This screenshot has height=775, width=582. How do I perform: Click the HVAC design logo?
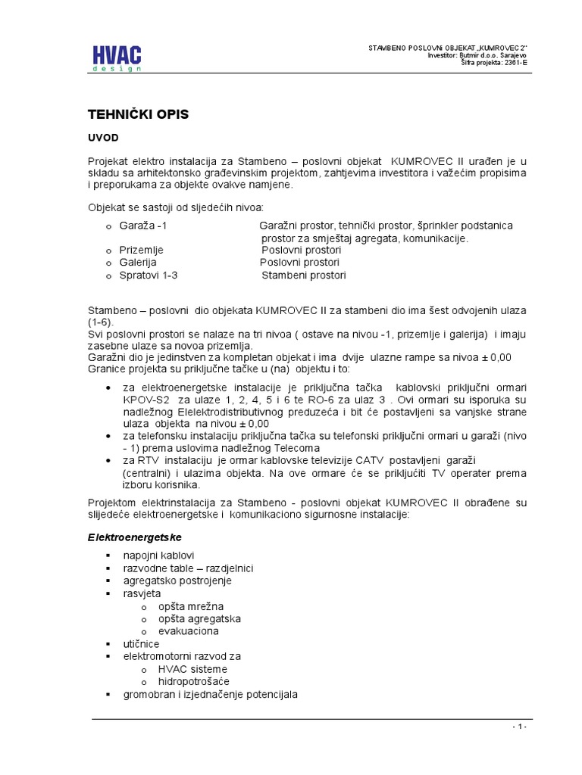click(x=117, y=58)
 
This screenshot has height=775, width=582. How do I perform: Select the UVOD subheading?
click(x=104, y=138)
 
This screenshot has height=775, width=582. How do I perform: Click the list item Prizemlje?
click(x=141, y=250)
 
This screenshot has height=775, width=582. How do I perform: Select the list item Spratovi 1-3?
click(x=148, y=275)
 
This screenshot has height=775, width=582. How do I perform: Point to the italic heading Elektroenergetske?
click(x=133, y=536)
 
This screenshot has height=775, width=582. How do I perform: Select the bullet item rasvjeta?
click(x=142, y=593)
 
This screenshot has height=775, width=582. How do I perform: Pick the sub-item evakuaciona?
click(x=188, y=630)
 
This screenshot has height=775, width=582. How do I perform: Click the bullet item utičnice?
click(x=142, y=643)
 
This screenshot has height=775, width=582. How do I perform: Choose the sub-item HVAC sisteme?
click(x=192, y=669)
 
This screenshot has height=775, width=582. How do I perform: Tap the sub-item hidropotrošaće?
click(x=192, y=682)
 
